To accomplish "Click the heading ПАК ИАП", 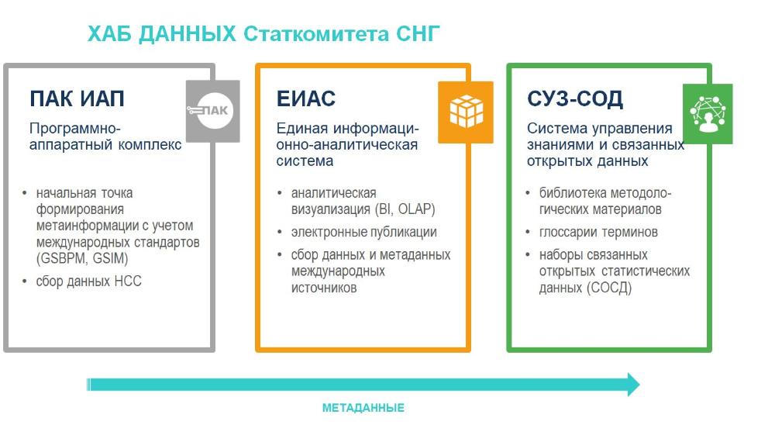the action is [77, 98].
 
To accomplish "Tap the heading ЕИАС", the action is [306, 98].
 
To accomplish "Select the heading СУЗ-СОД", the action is [575, 98].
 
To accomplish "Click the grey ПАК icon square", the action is [213, 111].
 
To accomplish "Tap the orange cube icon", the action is [466, 112].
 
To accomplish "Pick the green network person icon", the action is [708, 114].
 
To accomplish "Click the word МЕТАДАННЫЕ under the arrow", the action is [363, 408].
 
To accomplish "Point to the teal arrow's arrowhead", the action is [634, 385].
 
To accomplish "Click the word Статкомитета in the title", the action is [316, 33].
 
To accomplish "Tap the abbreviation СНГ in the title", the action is [418, 33].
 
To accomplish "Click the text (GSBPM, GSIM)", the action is [82, 258].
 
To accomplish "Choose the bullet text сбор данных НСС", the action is [88, 281].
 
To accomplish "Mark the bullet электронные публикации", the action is [363, 232].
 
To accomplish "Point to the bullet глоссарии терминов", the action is [598, 232].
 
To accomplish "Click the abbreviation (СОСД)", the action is [609, 288].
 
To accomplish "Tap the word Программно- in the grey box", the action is [74, 129].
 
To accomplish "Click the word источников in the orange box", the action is [324, 288].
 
